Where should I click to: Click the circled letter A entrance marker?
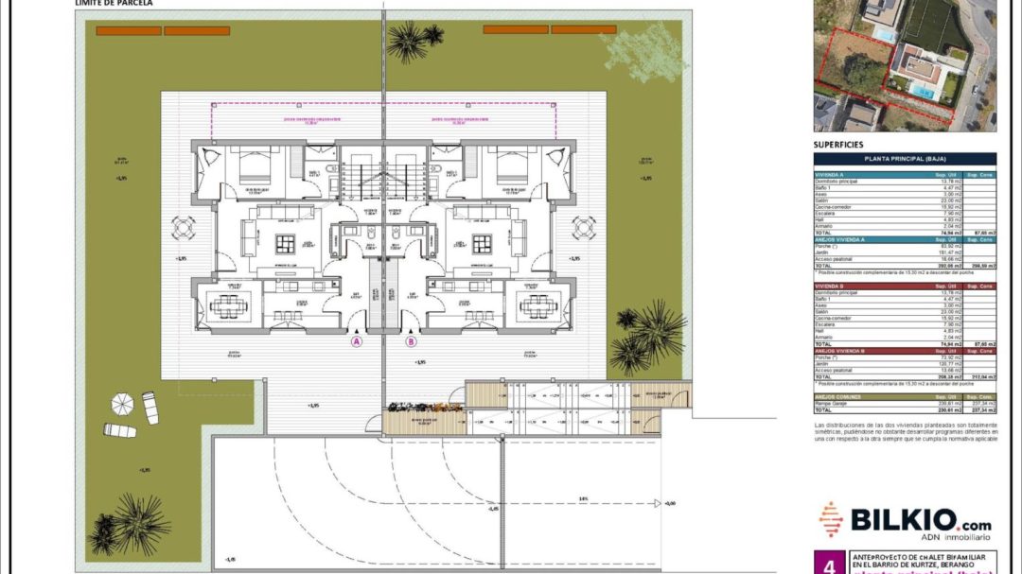click(357, 342)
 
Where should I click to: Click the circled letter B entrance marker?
click(412, 342)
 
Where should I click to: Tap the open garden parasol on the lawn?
click(123, 404)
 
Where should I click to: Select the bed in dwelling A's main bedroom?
click(254, 166)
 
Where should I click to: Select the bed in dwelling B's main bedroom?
click(512, 166)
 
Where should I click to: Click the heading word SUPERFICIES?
click(838, 145)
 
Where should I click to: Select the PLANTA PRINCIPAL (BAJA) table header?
click(905, 159)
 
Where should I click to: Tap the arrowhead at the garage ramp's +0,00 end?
click(659, 503)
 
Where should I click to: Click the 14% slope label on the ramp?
click(584, 498)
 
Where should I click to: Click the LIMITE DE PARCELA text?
click(113, 4)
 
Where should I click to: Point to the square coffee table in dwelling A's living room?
click(285, 243)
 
